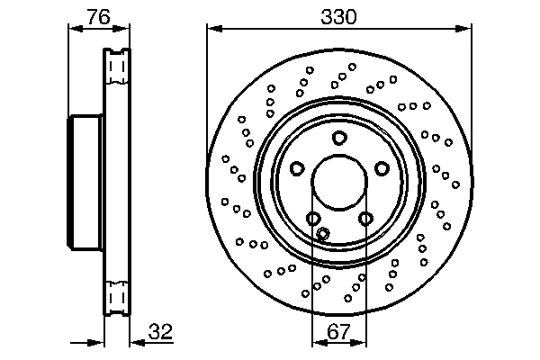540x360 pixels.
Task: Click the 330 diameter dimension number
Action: pos(339,17)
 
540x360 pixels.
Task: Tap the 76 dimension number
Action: pos(99,17)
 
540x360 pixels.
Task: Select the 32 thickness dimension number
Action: pos(159,332)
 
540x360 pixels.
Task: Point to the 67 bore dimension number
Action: pos(338,332)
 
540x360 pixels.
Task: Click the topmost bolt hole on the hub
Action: pos(339,138)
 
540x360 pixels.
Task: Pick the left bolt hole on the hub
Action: pos(297,168)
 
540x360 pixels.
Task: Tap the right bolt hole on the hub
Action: pos(382,168)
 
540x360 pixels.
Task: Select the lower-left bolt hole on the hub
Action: pos(313,219)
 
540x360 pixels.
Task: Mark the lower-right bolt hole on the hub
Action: pos(365,218)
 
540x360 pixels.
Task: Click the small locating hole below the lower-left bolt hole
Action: pos(324,234)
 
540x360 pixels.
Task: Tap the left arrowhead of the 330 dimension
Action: pos(212,29)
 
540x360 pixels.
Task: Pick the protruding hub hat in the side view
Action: pos(86,184)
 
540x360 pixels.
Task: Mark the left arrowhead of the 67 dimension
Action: pos(316,343)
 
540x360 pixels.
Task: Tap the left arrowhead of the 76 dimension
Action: pos(73,29)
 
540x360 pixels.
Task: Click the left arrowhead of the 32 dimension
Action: pos(101,343)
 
